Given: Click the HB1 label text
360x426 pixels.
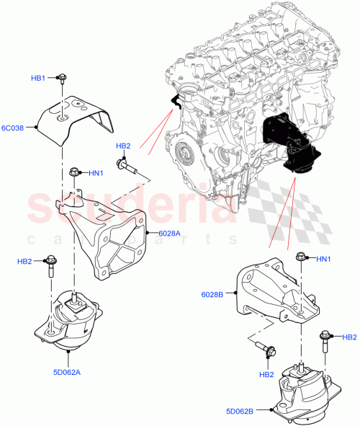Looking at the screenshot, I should (37, 78).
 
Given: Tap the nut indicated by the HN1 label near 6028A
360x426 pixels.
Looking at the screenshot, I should (75, 172).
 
